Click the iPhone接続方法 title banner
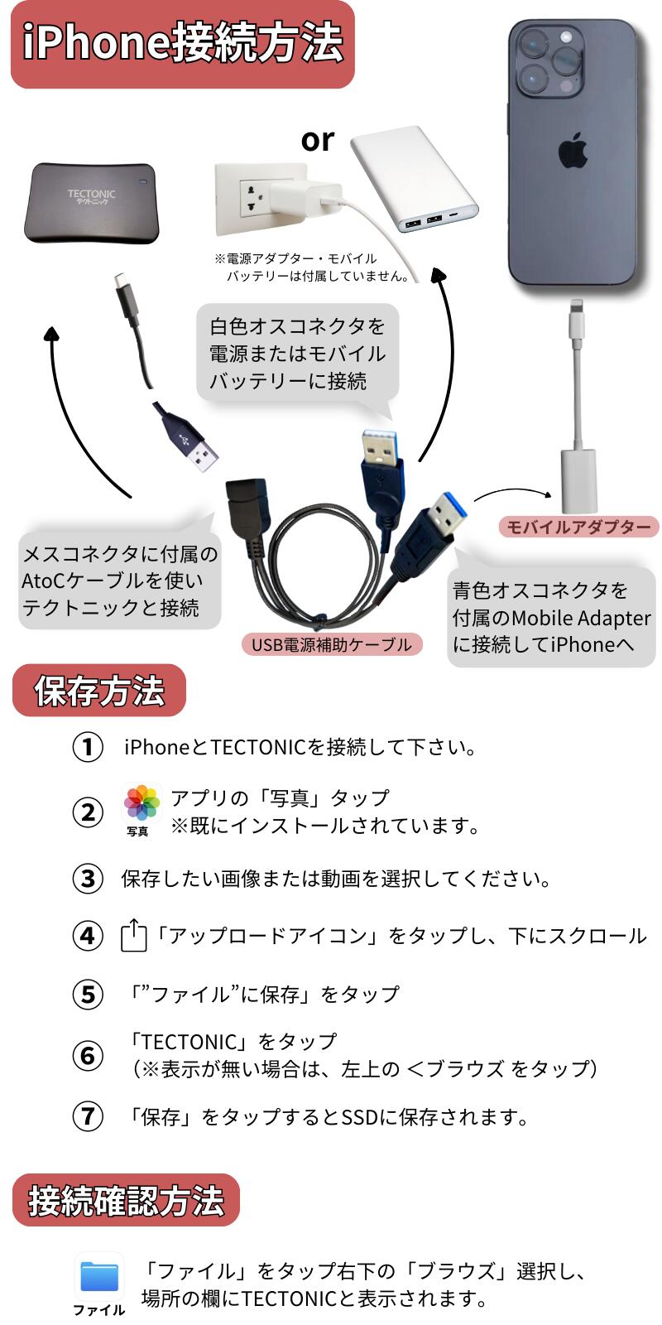coord(182,44)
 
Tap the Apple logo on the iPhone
coord(573,152)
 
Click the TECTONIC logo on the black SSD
coord(91,197)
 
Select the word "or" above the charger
coord(318,140)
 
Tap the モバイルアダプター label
coord(578,527)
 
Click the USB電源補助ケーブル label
coord(331,644)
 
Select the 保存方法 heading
coord(99,691)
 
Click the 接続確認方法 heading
coord(126,1200)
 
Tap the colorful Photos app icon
coord(142,803)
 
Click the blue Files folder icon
coord(99,1277)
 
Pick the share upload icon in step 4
coord(134,936)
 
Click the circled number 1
coord(88,747)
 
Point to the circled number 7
coord(88,1116)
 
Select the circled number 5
coord(88,994)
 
